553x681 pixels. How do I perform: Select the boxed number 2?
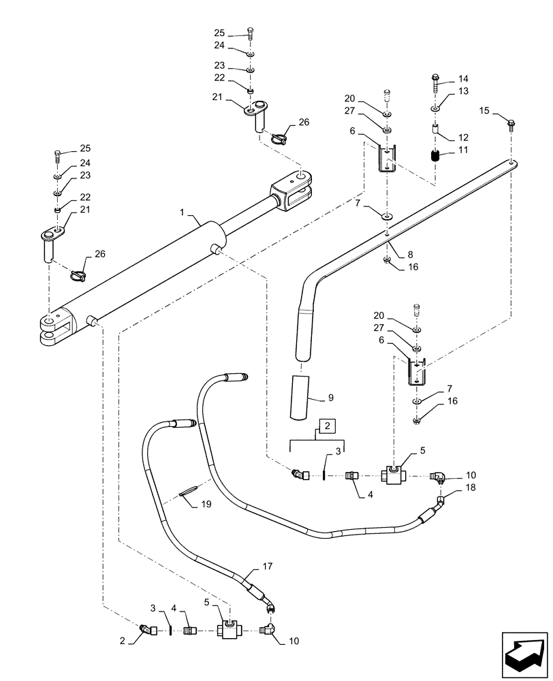(x=327, y=426)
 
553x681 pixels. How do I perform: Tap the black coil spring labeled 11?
(x=437, y=155)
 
